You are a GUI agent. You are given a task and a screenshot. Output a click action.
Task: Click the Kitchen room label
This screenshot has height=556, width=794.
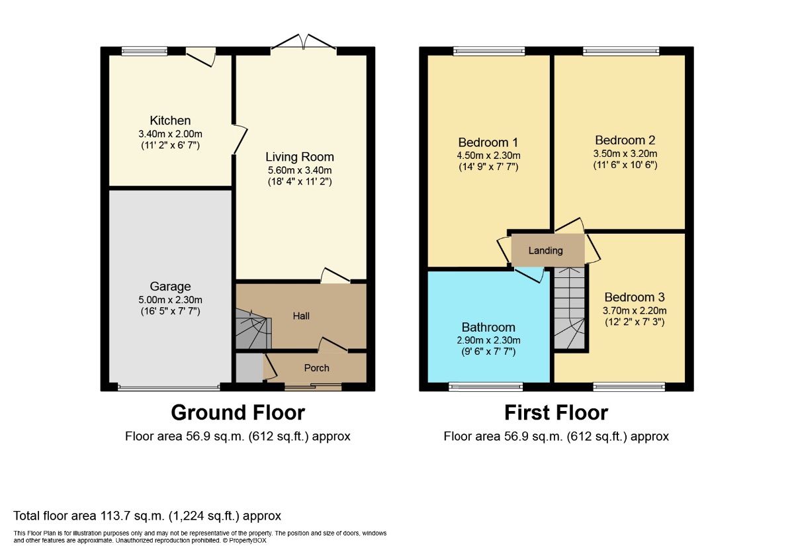pos(170,120)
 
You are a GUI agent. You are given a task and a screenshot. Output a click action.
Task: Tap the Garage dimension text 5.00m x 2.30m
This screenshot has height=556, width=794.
pos(170,299)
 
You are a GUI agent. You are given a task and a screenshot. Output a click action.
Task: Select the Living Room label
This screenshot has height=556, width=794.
pos(300,157)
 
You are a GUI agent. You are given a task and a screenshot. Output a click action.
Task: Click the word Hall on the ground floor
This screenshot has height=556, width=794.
pos(301,316)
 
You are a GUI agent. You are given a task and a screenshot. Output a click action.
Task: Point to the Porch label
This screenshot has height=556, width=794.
pos(316,368)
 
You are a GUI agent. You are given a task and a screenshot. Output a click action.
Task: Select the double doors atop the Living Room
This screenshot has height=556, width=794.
pos(304,43)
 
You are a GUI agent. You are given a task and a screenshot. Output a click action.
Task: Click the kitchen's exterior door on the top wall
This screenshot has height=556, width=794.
pos(201,57)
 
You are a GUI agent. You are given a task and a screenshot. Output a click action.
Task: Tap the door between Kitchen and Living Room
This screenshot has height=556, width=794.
pos(239,140)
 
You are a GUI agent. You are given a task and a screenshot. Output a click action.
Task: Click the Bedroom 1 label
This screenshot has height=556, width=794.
pos(488,142)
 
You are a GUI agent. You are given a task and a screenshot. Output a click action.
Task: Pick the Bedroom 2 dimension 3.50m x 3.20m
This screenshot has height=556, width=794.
pos(625,153)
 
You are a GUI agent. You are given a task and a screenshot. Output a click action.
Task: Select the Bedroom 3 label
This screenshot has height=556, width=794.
pos(634,297)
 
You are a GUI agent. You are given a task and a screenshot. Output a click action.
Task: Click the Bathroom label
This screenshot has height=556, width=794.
pos(488,327)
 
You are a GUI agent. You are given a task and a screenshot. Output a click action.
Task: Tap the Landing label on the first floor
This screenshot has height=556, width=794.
pos(546,251)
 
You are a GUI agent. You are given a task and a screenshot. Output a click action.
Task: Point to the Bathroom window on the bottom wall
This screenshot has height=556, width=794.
pos(486,387)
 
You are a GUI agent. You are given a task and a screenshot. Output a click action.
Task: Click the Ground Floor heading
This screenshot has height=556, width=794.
pos(238,412)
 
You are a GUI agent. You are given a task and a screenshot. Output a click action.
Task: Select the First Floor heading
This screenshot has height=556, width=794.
pos(556,412)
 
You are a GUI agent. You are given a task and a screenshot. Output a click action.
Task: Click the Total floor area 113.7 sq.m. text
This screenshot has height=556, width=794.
pos(148,516)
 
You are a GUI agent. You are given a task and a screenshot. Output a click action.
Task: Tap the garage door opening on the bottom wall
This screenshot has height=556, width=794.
pos(169,388)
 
